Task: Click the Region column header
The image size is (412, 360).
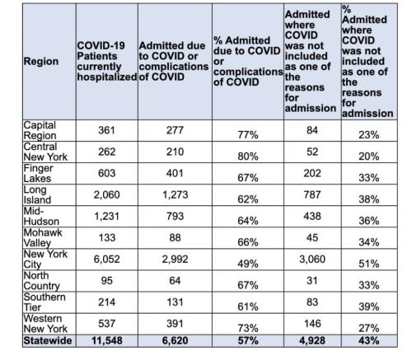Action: pos(41,61)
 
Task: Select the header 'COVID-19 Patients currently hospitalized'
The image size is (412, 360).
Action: pos(107,61)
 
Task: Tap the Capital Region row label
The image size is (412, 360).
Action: pos(40,130)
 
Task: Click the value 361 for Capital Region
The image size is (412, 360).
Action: pos(106,130)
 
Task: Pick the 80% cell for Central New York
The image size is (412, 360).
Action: pos(248,157)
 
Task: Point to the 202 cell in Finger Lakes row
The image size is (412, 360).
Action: pos(312,173)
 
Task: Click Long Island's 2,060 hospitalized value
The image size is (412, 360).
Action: pos(106,194)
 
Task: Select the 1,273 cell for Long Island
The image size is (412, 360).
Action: pos(175,194)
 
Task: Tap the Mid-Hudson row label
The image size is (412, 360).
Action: pos(41,216)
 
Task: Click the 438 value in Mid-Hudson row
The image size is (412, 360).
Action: pos(312,216)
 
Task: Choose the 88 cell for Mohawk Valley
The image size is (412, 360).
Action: pos(175,238)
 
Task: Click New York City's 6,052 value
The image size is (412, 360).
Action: pos(106,259)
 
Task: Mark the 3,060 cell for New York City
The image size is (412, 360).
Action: pos(312,259)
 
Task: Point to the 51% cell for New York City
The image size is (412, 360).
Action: pos(369,264)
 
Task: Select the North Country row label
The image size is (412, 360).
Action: pos(41,281)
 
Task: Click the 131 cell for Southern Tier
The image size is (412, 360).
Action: pos(175,302)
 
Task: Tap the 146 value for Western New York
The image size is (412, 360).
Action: pos(312,324)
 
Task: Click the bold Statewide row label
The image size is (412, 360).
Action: pos(48,341)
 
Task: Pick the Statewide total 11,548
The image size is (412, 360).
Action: pos(106,341)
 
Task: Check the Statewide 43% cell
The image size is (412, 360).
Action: pos(369,341)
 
